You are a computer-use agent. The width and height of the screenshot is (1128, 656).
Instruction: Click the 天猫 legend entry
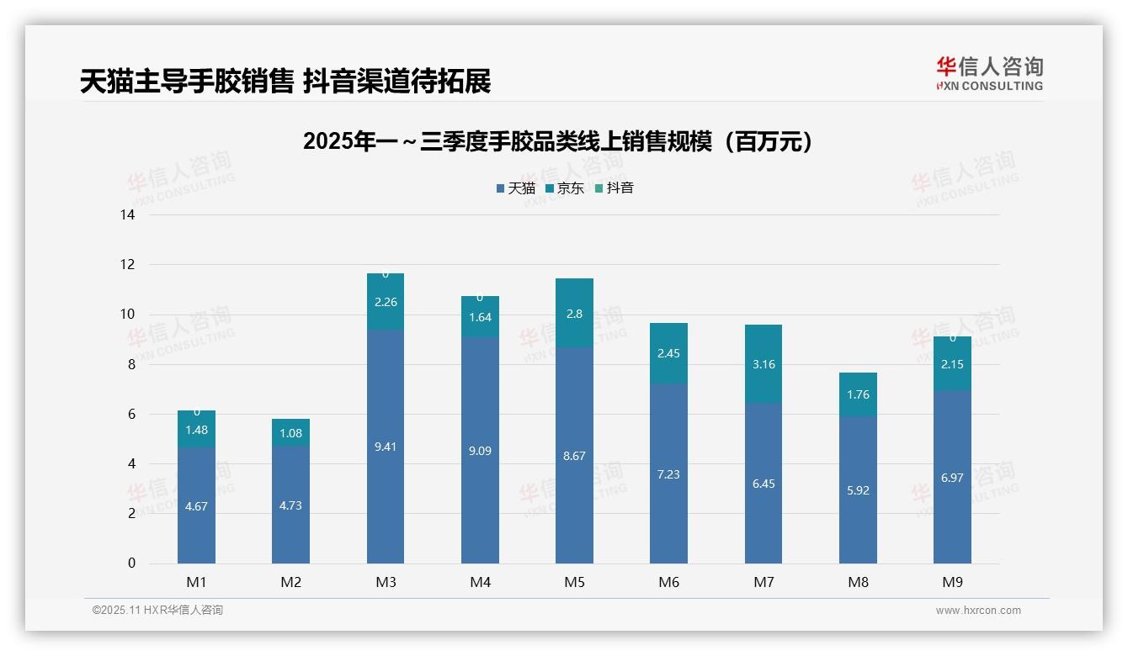click(x=516, y=188)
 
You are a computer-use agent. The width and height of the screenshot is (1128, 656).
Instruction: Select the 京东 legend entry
click(x=565, y=188)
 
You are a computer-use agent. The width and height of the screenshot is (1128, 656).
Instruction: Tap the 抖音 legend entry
click(x=615, y=188)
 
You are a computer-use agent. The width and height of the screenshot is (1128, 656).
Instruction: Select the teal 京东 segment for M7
click(x=764, y=364)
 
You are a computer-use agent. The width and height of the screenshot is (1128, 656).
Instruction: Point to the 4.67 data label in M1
click(x=196, y=506)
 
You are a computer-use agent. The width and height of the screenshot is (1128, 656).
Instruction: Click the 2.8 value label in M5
click(x=574, y=314)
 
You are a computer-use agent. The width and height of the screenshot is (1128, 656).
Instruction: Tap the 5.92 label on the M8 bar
click(x=858, y=490)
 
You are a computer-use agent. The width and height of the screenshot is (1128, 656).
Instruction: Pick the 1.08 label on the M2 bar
click(x=290, y=434)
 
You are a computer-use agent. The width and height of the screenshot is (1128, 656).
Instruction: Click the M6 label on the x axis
click(x=668, y=582)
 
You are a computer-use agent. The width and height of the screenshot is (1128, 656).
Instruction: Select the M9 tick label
click(x=952, y=582)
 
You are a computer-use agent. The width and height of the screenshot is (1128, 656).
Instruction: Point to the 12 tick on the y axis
click(x=128, y=265)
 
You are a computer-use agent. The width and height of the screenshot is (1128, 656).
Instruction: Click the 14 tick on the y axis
click(x=128, y=215)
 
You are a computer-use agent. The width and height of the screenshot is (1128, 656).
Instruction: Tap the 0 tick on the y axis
click(x=131, y=563)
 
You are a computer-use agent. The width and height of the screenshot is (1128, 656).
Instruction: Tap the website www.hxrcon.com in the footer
click(x=977, y=611)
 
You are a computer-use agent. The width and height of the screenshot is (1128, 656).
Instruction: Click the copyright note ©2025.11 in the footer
click(x=157, y=611)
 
